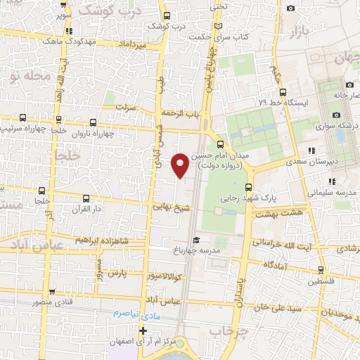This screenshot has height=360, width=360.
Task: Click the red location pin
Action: point(181,165)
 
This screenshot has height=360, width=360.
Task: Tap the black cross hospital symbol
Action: point(143,330)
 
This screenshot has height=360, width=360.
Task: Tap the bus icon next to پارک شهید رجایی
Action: point(247,186)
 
